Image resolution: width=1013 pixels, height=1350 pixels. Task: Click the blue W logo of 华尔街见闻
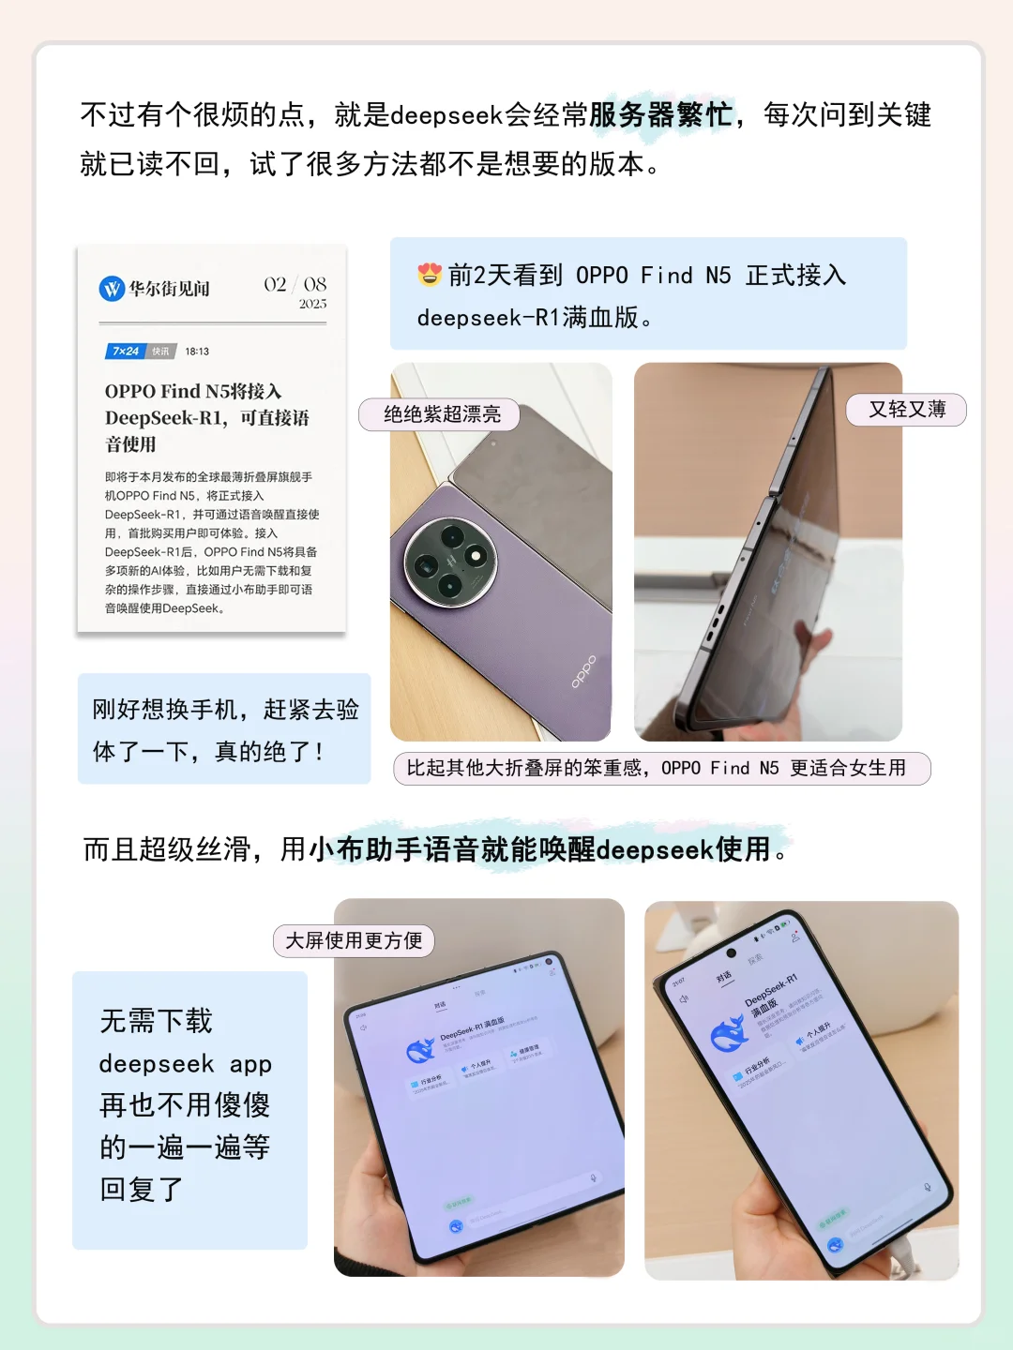112,289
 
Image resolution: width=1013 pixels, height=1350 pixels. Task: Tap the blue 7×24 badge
126,352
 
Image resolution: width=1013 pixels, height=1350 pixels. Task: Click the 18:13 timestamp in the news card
197,352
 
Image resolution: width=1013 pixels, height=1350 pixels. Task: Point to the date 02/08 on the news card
295,284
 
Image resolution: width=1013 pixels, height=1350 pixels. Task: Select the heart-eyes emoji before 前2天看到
430,275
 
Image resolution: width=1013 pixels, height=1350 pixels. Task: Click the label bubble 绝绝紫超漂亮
440,414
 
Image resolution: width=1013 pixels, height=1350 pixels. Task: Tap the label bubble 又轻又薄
906,410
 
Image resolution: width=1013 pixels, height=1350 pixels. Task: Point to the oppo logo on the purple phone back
583,671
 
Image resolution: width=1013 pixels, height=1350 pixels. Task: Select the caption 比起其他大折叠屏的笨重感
525,769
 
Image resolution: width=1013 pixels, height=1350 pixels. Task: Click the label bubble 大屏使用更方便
354,940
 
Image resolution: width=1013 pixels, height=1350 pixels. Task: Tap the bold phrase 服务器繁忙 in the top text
660,115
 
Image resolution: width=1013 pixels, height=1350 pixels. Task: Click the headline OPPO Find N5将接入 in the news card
193,392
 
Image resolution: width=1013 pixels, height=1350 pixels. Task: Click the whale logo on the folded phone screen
727,1034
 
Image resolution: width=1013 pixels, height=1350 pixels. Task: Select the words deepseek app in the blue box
185,1064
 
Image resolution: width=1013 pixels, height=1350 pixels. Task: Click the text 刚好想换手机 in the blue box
164,710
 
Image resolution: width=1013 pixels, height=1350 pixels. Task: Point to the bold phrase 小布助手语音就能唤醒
452,849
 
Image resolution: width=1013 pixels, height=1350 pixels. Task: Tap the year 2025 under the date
312,305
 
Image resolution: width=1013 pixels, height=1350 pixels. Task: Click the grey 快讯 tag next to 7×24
161,352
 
